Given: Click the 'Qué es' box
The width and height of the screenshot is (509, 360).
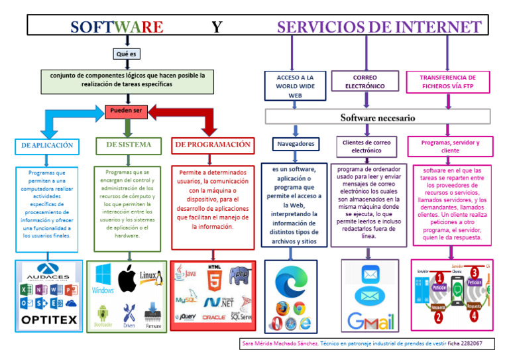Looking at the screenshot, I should [x=126, y=54].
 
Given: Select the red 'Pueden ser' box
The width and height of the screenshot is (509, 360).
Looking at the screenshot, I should [x=126, y=111].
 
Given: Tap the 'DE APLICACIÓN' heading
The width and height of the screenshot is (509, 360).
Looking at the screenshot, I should [x=47, y=145].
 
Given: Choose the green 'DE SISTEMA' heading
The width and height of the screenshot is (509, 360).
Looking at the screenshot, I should [x=129, y=145].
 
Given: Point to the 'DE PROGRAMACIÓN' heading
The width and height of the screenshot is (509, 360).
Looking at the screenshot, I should [x=212, y=145].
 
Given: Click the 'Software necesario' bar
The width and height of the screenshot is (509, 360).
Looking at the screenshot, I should [x=378, y=117].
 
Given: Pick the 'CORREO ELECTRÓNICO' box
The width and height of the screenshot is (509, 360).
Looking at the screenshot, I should [x=365, y=82].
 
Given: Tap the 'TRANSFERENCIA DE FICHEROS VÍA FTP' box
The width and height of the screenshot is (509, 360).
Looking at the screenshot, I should [x=447, y=82].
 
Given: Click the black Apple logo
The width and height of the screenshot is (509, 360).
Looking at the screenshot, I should [x=127, y=279].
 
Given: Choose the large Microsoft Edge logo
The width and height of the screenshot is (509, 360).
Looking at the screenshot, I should [x=290, y=281].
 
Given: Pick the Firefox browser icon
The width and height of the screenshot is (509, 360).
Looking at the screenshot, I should [x=283, y=308].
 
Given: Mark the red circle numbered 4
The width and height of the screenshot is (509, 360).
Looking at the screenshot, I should [x=474, y=316].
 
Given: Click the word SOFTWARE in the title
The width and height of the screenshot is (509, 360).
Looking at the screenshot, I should [x=117, y=27].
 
